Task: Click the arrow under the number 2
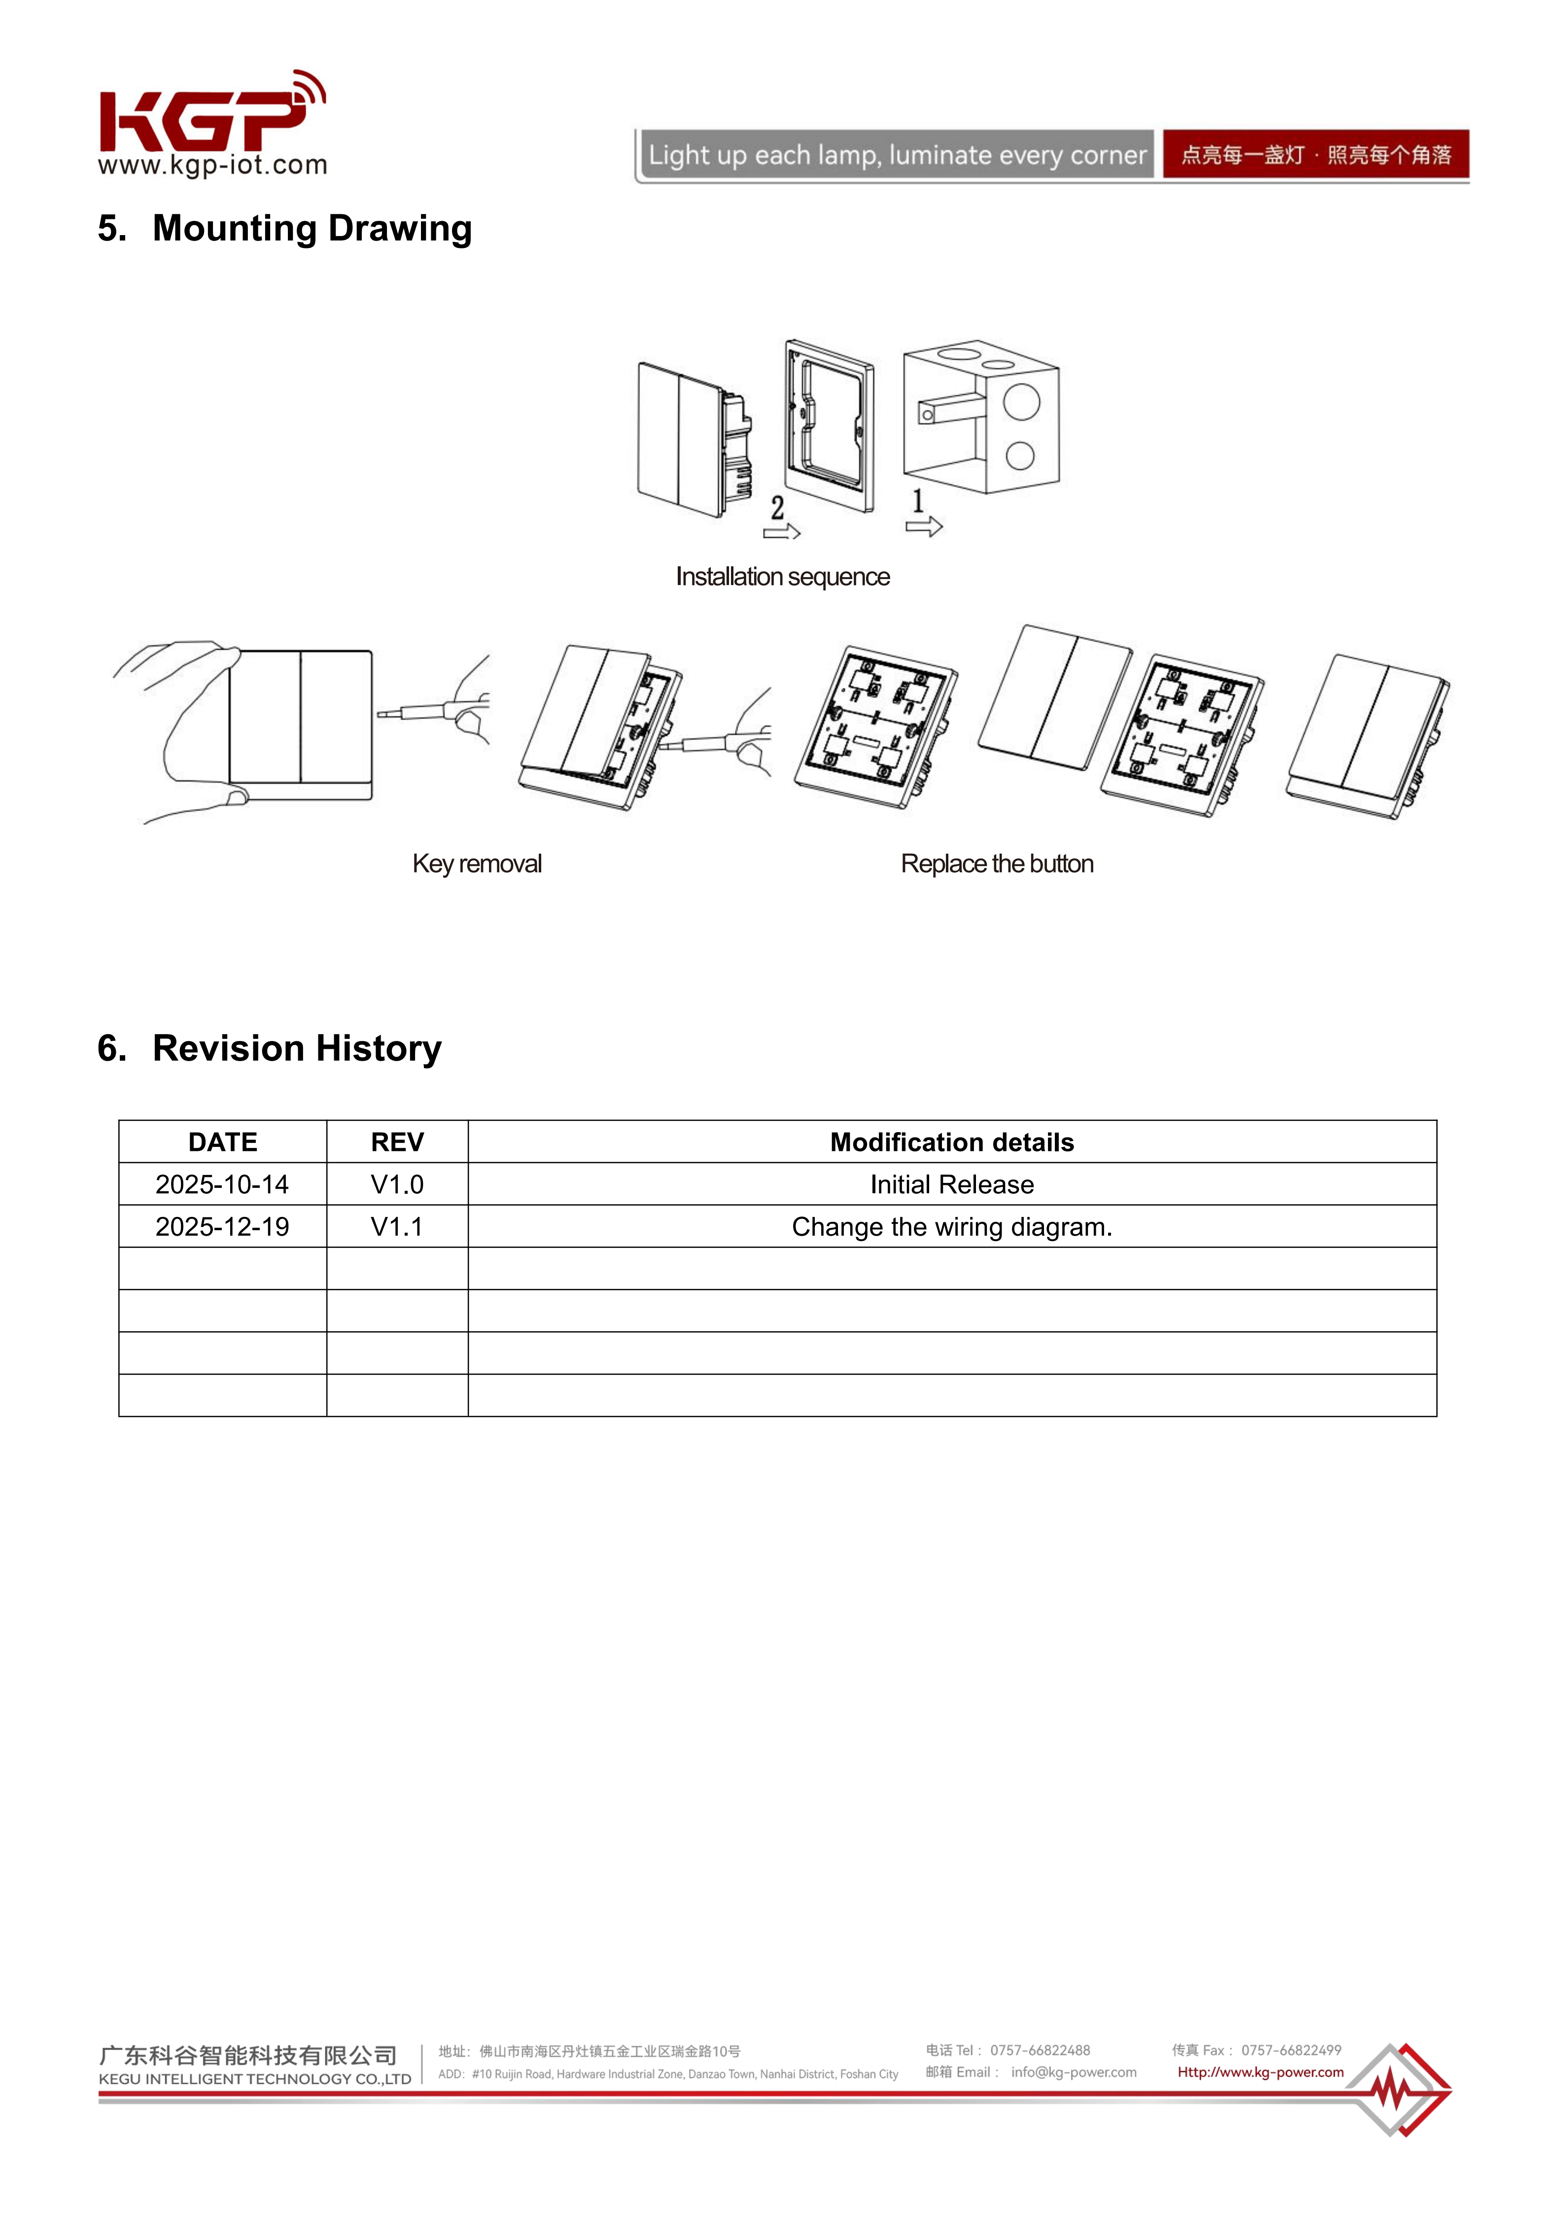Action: (782, 531)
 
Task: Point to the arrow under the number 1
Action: (923, 526)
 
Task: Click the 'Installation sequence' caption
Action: (783, 576)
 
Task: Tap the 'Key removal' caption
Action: (477, 864)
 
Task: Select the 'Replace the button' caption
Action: (997, 864)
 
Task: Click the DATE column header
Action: (223, 1142)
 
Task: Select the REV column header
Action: (397, 1142)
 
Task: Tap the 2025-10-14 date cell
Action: (223, 1184)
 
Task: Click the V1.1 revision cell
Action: (397, 1227)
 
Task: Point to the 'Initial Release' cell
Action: (952, 1184)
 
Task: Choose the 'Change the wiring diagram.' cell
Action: (952, 1227)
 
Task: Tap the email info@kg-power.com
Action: (1074, 2072)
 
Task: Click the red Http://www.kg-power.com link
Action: (1260, 2072)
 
